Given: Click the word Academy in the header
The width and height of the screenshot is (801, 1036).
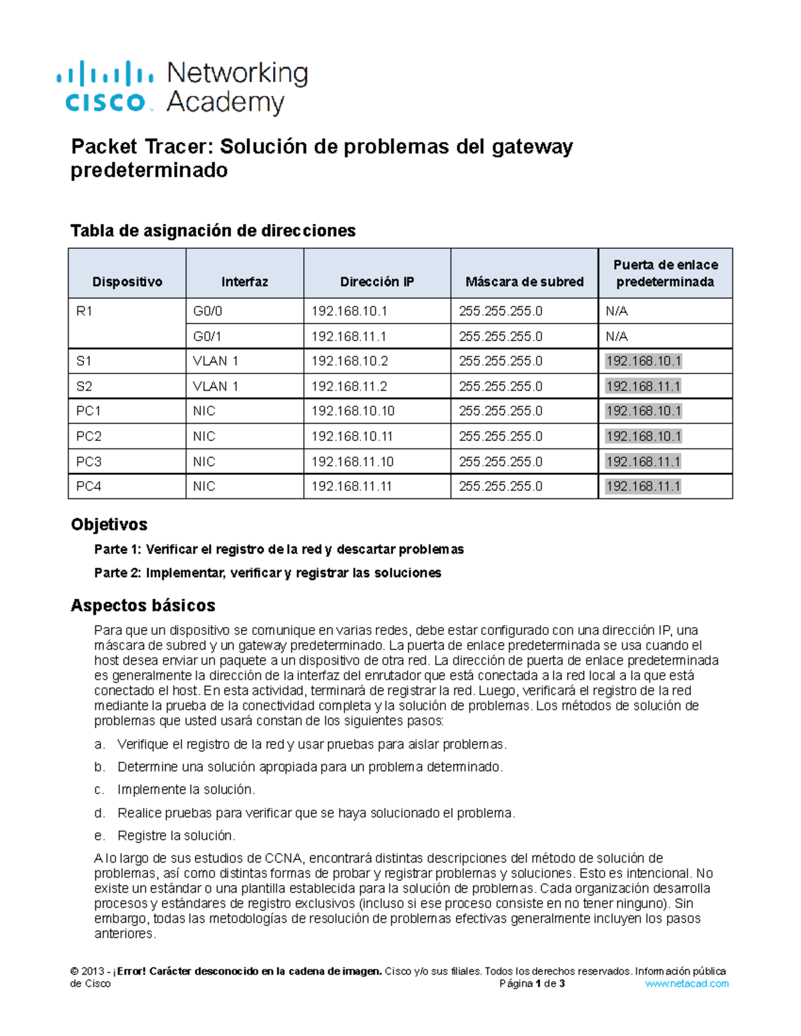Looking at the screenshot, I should [225, 103].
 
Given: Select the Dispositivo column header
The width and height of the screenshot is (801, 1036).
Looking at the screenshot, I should [127, 282].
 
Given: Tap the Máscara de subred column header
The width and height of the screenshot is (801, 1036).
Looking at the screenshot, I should [524, 282].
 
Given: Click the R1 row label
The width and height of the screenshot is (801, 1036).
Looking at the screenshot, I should [84, 312].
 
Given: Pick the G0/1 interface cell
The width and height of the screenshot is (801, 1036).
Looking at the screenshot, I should [208, 336].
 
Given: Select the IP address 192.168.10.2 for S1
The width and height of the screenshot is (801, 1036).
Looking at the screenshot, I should [350, 362].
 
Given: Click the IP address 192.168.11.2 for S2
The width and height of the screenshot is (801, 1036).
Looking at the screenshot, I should [350, 386].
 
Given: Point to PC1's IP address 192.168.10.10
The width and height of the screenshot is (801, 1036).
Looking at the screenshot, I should [352, 411].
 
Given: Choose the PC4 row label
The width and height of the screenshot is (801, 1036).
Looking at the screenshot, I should [89, 486].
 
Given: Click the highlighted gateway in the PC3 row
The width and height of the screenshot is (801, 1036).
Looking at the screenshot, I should [643, 462].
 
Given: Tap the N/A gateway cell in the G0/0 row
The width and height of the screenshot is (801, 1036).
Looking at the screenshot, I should [616, 312].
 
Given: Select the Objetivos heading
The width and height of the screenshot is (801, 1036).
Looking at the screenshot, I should [109, 524].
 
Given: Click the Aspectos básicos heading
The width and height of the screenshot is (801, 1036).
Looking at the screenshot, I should [143, 605].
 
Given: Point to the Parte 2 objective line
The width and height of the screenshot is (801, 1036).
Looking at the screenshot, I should [267, 572].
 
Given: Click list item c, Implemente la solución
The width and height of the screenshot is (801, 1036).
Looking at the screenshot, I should [186, 790].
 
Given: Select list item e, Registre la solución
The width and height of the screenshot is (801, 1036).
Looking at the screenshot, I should [176, 836].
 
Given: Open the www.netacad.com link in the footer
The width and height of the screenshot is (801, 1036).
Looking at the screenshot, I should [686, 983].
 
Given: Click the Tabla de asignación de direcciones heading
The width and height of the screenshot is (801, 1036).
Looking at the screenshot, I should [213, 231].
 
